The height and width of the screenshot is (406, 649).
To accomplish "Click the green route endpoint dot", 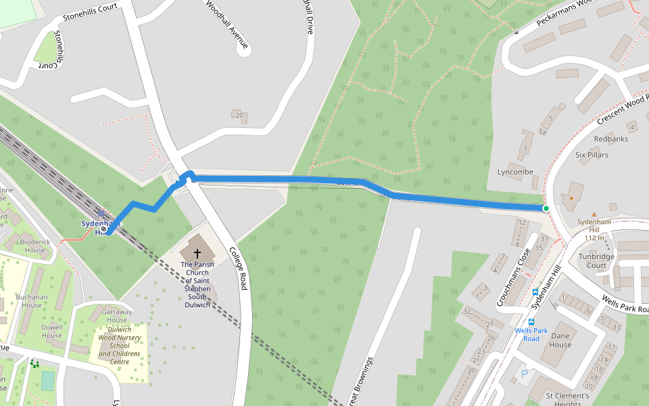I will coord(546,208).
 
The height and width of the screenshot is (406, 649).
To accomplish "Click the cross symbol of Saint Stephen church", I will coord(197,252).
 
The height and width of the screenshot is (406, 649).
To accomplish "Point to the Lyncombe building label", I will coord(515,172).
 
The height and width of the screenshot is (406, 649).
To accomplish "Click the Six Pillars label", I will coord(592,155).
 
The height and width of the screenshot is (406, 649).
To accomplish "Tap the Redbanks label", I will coord(610,139).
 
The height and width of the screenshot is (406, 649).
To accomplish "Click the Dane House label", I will coord(560,340).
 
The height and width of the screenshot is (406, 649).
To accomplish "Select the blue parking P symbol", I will coord(524,374).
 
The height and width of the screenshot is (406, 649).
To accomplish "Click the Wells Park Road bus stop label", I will coord(531,334).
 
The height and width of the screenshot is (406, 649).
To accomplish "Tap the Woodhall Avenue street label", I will coord(227,27).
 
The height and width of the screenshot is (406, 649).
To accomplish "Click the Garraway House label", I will coord(117,315).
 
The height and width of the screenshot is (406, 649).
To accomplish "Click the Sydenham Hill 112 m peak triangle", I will coord(594,214).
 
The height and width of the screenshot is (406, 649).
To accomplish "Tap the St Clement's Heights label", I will coord(567,399).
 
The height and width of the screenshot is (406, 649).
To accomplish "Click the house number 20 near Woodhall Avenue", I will coord(239,115).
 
